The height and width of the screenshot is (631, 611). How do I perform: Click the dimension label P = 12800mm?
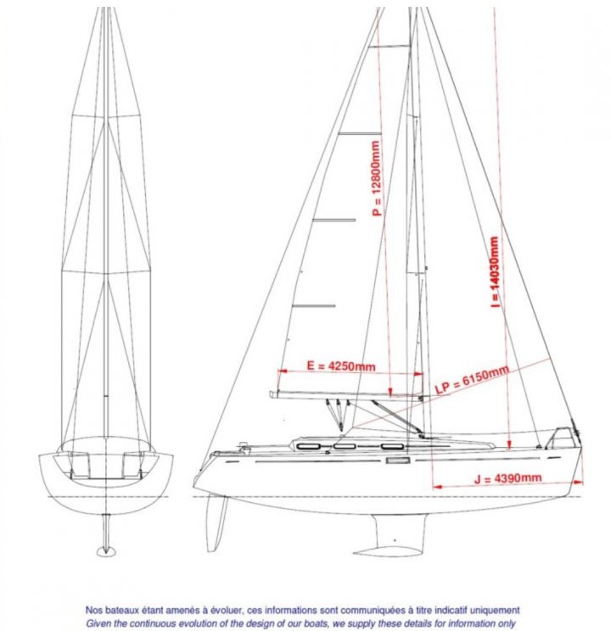pos(377,178)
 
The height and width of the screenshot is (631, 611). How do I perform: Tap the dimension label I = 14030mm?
pos(495,272)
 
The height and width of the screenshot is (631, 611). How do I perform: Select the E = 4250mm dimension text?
pos(341,366)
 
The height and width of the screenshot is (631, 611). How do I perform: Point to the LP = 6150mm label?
pos(472,379)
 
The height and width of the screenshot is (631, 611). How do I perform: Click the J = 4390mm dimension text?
pos(507,478)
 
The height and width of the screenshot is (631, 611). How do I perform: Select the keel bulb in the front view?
pos(106,551)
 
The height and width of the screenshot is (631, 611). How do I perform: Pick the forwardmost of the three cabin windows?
pos(392,446)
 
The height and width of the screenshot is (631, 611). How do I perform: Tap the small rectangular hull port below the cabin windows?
pos(397,460)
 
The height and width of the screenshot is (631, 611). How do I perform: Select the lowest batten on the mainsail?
pos(314,306)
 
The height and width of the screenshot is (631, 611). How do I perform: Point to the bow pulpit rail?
pos(563,438)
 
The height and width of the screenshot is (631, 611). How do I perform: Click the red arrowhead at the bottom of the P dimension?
pos(390,393)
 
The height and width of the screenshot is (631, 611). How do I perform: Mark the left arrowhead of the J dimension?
pos(437,487)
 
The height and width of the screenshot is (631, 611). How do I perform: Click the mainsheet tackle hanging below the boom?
pos(339,415)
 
